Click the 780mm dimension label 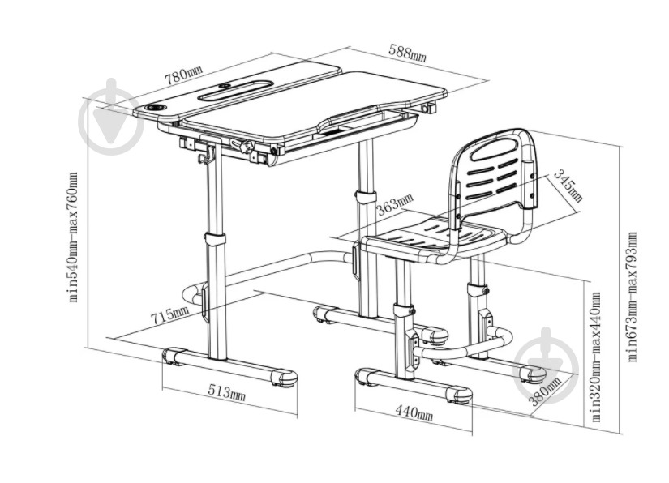coord(184,75)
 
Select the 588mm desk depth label coord(407,52)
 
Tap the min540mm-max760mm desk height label coord(73,237)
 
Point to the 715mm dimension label coord(169,314)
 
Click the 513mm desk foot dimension coord(226,391)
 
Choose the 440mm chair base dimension coord(414,412)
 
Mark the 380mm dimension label coord(545,391)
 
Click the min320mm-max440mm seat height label coord(596,357)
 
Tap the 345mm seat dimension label coord(568,186)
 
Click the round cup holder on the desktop coord(157,107)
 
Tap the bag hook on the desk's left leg coord(207,155)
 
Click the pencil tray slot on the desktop coord(234,91)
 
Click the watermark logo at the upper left coord(111,117)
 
